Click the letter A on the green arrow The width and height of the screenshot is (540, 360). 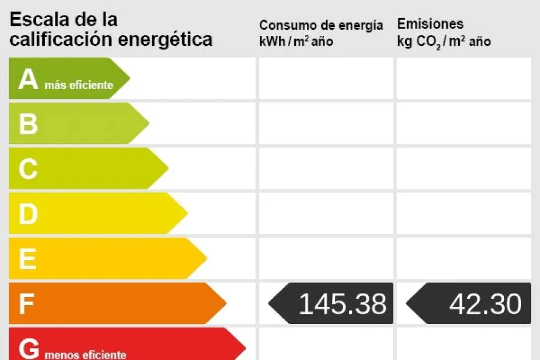(28, 79)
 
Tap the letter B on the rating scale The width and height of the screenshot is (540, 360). (28, 124)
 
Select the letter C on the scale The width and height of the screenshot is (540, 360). (28, 169)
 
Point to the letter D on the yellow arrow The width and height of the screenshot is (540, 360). (28, 214)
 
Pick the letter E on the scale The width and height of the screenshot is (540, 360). (27, 259)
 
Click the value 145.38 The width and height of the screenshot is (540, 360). (342, 304)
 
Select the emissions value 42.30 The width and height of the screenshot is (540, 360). (485, 304)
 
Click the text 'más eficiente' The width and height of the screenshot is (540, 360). (79, 86)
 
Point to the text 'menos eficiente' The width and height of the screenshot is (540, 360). (85, 355)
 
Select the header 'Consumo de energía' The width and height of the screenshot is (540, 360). (321, 25)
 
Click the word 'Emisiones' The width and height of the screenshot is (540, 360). (430, 24)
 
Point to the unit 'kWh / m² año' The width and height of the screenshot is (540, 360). (296, 41)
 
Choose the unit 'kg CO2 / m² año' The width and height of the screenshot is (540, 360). (443, 41)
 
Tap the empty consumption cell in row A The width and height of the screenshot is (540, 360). (326, 78)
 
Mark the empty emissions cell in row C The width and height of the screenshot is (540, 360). (463, 169)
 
